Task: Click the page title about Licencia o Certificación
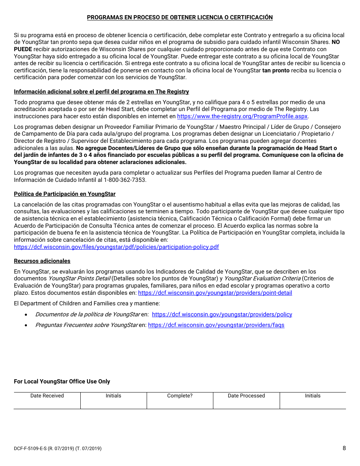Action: tap(180, 17)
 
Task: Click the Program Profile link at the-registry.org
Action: tap(242, 116)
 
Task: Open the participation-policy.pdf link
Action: tap(116, 247)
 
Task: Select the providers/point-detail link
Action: tap(215, 293)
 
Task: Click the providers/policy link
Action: tap(222, 314)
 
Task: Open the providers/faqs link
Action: tap(216, 325)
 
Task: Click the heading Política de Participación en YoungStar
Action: tap(65, 194)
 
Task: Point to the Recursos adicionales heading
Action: tap(42, 261)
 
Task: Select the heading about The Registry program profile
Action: tap(101, 92)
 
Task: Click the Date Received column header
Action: tap(47, 396)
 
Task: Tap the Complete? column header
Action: tap(180, 396)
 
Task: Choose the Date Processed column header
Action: tap(246, 396)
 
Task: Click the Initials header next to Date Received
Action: tap(113, 396)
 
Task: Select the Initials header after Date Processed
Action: tap(313, 396)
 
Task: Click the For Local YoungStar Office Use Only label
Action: tap(62, 382)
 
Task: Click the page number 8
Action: tap(344, 448)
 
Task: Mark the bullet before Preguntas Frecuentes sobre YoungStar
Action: tap(26, 325)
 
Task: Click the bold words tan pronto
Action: tap(275, 70)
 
